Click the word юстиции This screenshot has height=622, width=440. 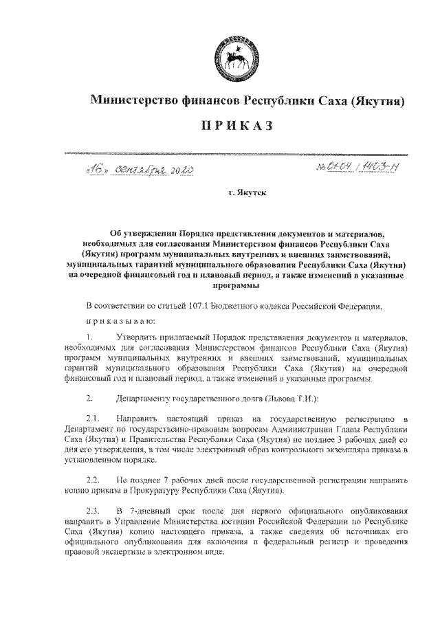[x=249, y=522]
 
